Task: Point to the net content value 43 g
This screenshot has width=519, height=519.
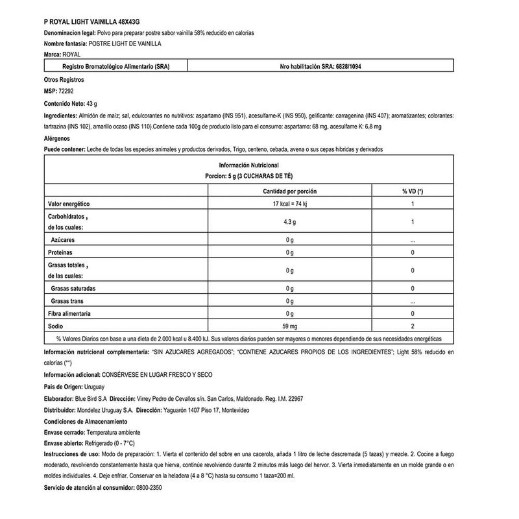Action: click(91, 104)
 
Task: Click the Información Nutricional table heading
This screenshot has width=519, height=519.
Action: click(249, 165)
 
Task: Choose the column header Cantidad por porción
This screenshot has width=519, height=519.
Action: click(289, 192)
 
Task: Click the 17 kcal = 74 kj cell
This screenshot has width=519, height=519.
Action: click(289, 204)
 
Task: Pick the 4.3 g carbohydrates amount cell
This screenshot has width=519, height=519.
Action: click(289, 223)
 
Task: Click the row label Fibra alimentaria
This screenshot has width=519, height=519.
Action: click(73, 313)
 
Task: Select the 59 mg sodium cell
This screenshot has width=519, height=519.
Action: click(289, 326)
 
